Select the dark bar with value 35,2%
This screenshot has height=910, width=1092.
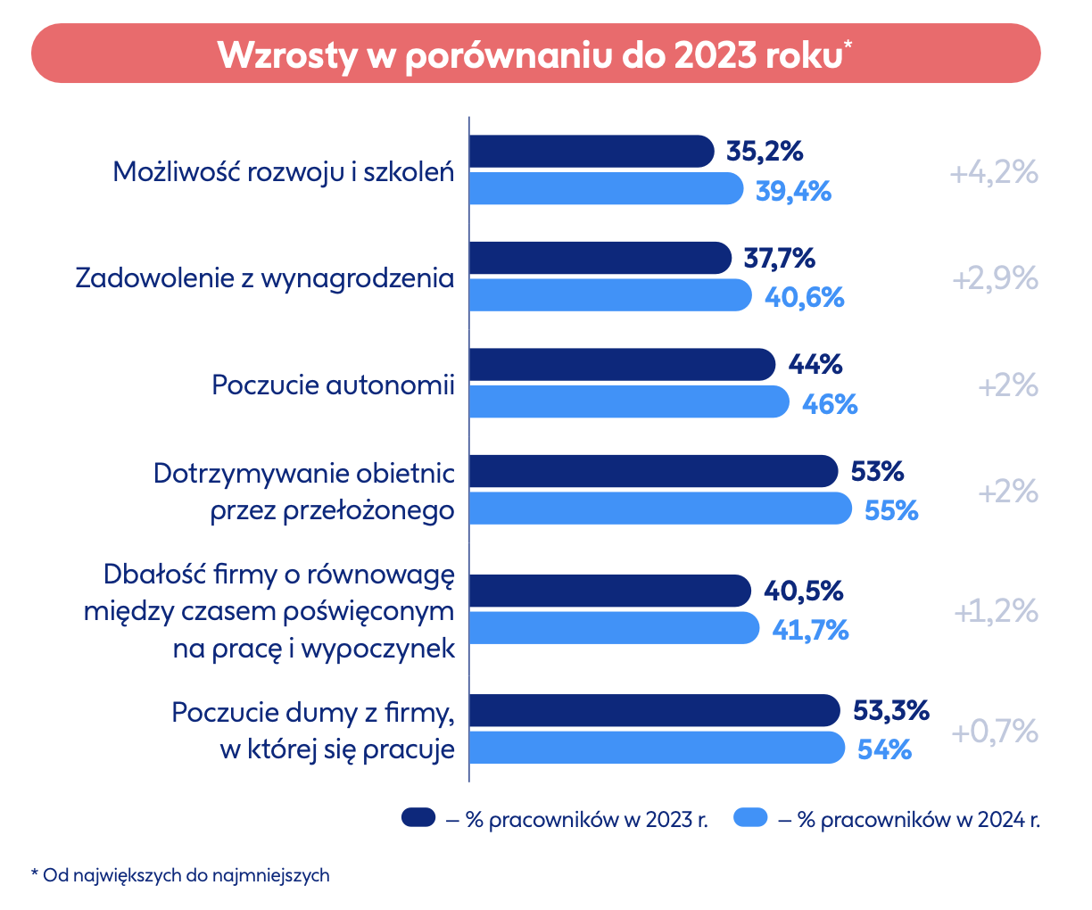(x=591, y=152)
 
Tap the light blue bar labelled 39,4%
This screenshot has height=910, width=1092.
(x=605, y=189)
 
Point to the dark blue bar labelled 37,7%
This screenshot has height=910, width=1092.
(x=600, y=259)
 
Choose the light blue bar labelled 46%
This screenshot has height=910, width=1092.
(x=628, y=402)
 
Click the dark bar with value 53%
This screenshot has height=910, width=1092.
(x=653, y=471)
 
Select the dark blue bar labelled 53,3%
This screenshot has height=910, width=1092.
(x=654, y=710)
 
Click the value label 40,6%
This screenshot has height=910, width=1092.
(x=804, y=297)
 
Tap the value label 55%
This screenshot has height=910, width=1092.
(x=891, y=510)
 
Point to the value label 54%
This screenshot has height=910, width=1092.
(x=884, y=749)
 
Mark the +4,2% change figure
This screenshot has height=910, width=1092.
(x=994, y=172)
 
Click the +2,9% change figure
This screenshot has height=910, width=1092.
(x=995, y=279)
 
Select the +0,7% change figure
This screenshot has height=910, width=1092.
(x=995, y=732)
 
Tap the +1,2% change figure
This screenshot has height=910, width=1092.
(x=996, y=612)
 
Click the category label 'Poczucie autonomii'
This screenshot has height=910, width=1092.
(x=333, y=385)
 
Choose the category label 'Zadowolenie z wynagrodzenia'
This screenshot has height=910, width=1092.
(x=265, y=277)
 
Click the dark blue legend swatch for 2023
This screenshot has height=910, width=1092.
(x=418, y=817)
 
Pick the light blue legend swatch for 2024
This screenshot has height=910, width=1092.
(x=750, y=817)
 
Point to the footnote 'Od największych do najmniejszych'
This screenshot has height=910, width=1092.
(x=186, y=875)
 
